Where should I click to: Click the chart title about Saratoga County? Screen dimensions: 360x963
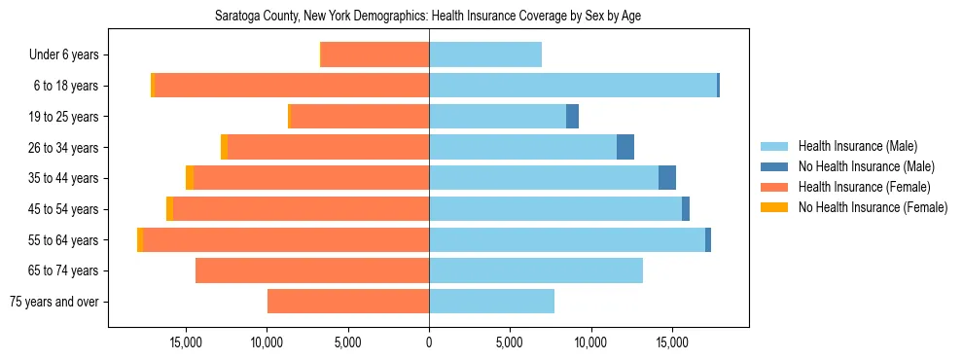point(428,16)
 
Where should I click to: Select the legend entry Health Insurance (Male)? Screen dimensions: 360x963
point(855,146)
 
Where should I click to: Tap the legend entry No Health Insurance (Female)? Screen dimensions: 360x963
point(873,207)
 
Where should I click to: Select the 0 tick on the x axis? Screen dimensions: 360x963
point(429,343)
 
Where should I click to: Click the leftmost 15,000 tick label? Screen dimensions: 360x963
point(185,343)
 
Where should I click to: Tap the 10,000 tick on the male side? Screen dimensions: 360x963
point(591,343)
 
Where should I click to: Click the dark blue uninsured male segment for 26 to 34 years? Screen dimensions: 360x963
point(625,147)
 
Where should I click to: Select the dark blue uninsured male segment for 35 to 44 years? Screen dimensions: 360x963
point(667,178)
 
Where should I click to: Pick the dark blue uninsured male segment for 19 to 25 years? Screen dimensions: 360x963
point(572,117)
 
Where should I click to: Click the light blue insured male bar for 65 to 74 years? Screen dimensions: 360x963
point(536,270)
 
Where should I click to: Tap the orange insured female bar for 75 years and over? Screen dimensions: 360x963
point(348,302)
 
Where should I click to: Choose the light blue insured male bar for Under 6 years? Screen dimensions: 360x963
point(485,55)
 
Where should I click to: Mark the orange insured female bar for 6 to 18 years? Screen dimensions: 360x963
point(292,86)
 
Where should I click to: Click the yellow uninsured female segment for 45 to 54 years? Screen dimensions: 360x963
point(169,209)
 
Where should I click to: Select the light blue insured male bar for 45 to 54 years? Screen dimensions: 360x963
point(555,209)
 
